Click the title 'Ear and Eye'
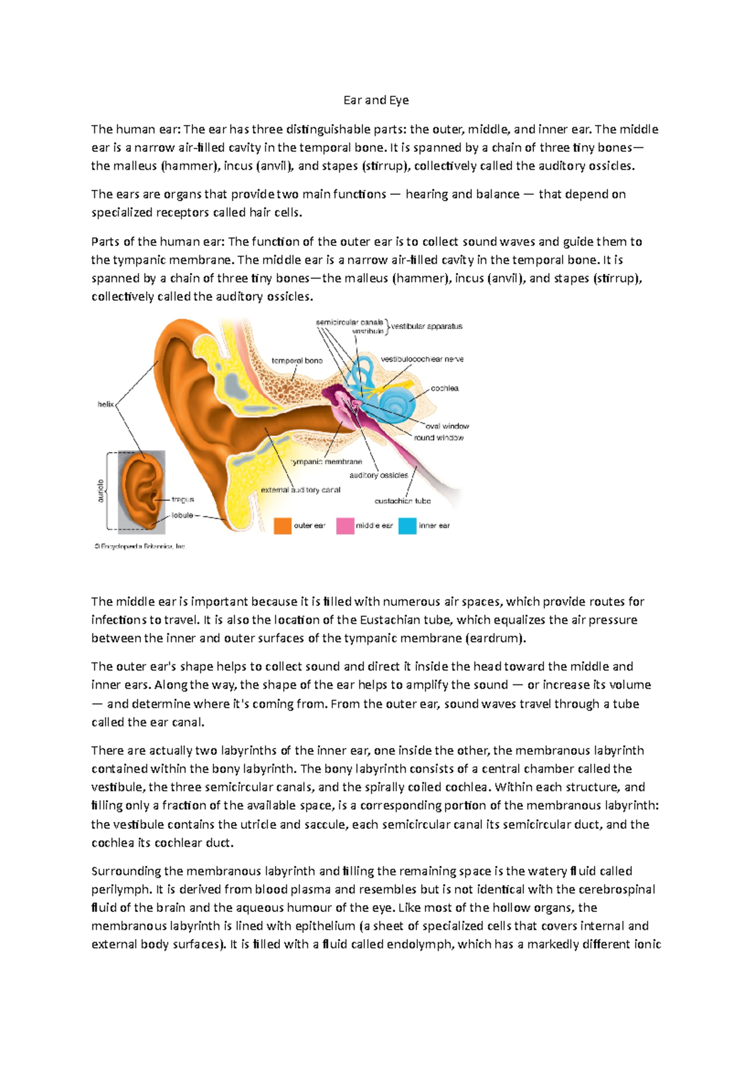(376, 100)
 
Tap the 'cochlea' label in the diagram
(444, 388)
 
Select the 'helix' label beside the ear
(105, 404)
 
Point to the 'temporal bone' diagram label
(297, 360)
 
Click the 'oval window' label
(447, 426)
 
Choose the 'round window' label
(439, 437)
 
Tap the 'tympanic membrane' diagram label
(327, 462)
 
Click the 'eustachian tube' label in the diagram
(403, 501)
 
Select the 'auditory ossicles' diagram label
(379, 475)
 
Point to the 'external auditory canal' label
(301, 489)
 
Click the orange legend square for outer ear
(282, 526)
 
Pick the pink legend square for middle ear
(345, 526)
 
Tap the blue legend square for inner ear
(407, 526)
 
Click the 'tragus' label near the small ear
(182, 499)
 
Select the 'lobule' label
(182, 515)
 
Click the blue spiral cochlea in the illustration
(398, 404)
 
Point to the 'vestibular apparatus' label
(427, 326)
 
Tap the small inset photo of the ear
(142, 491)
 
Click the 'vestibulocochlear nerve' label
(422, 359)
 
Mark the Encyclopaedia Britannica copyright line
(140, 547)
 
